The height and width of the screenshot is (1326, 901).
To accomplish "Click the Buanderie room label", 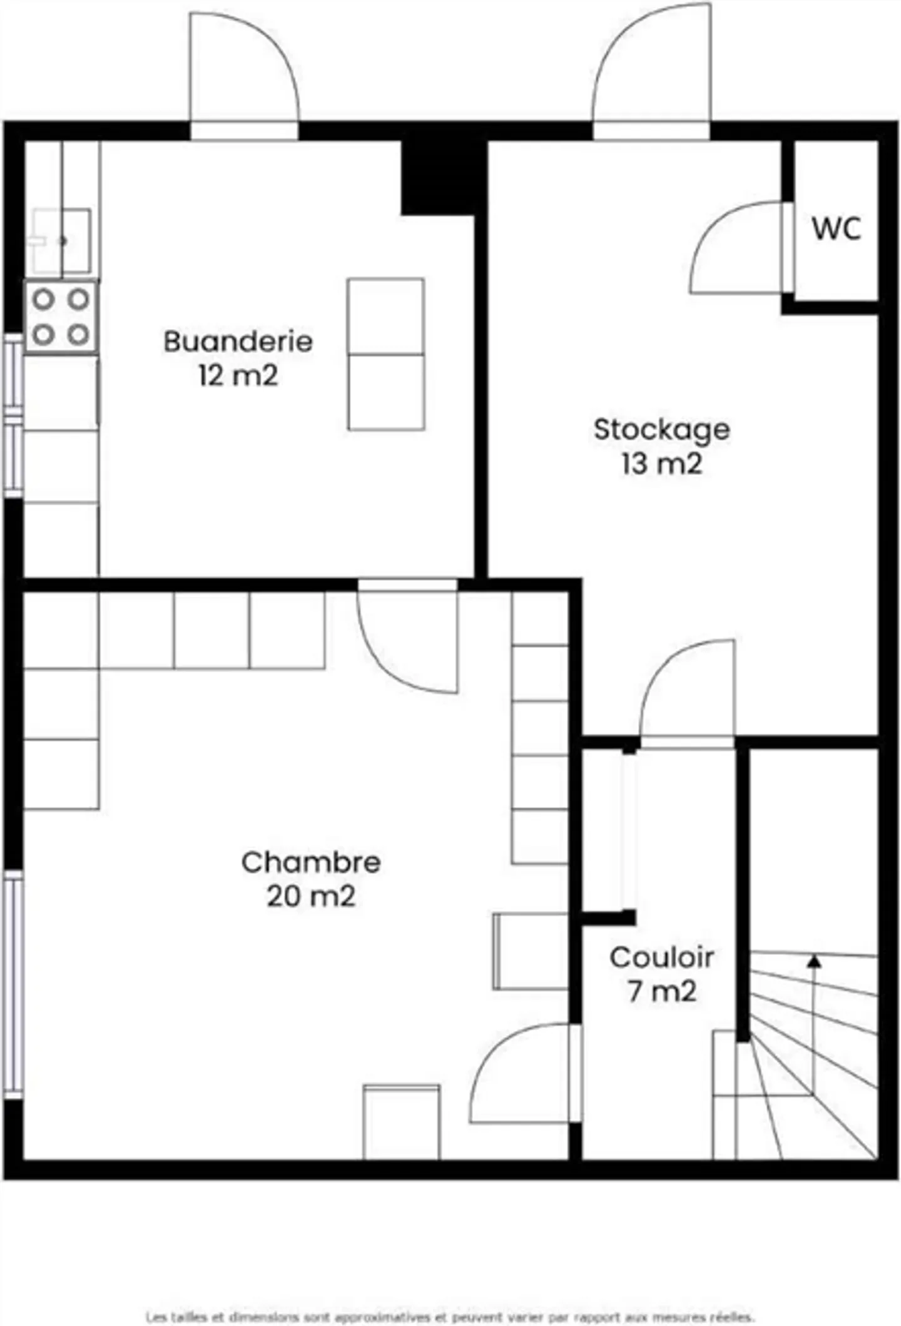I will [238, 342].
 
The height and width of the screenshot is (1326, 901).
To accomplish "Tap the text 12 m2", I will [238, 376].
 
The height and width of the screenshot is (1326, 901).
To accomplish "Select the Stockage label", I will [661, 430].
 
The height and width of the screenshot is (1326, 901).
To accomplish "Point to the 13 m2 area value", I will [661, 464].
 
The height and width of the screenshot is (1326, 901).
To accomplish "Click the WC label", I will [837, 228].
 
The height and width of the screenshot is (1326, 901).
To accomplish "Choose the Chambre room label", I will [311, 862].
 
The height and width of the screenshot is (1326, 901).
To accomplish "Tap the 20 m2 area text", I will [311, 896].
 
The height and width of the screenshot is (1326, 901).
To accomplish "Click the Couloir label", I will [661, 957].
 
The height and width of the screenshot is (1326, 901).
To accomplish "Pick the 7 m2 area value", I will [661, 991].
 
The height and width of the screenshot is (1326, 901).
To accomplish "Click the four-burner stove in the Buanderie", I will [61, 317].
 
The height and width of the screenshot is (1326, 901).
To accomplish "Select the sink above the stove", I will [61, 241].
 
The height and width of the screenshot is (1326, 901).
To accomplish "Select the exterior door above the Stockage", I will [651, 69].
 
